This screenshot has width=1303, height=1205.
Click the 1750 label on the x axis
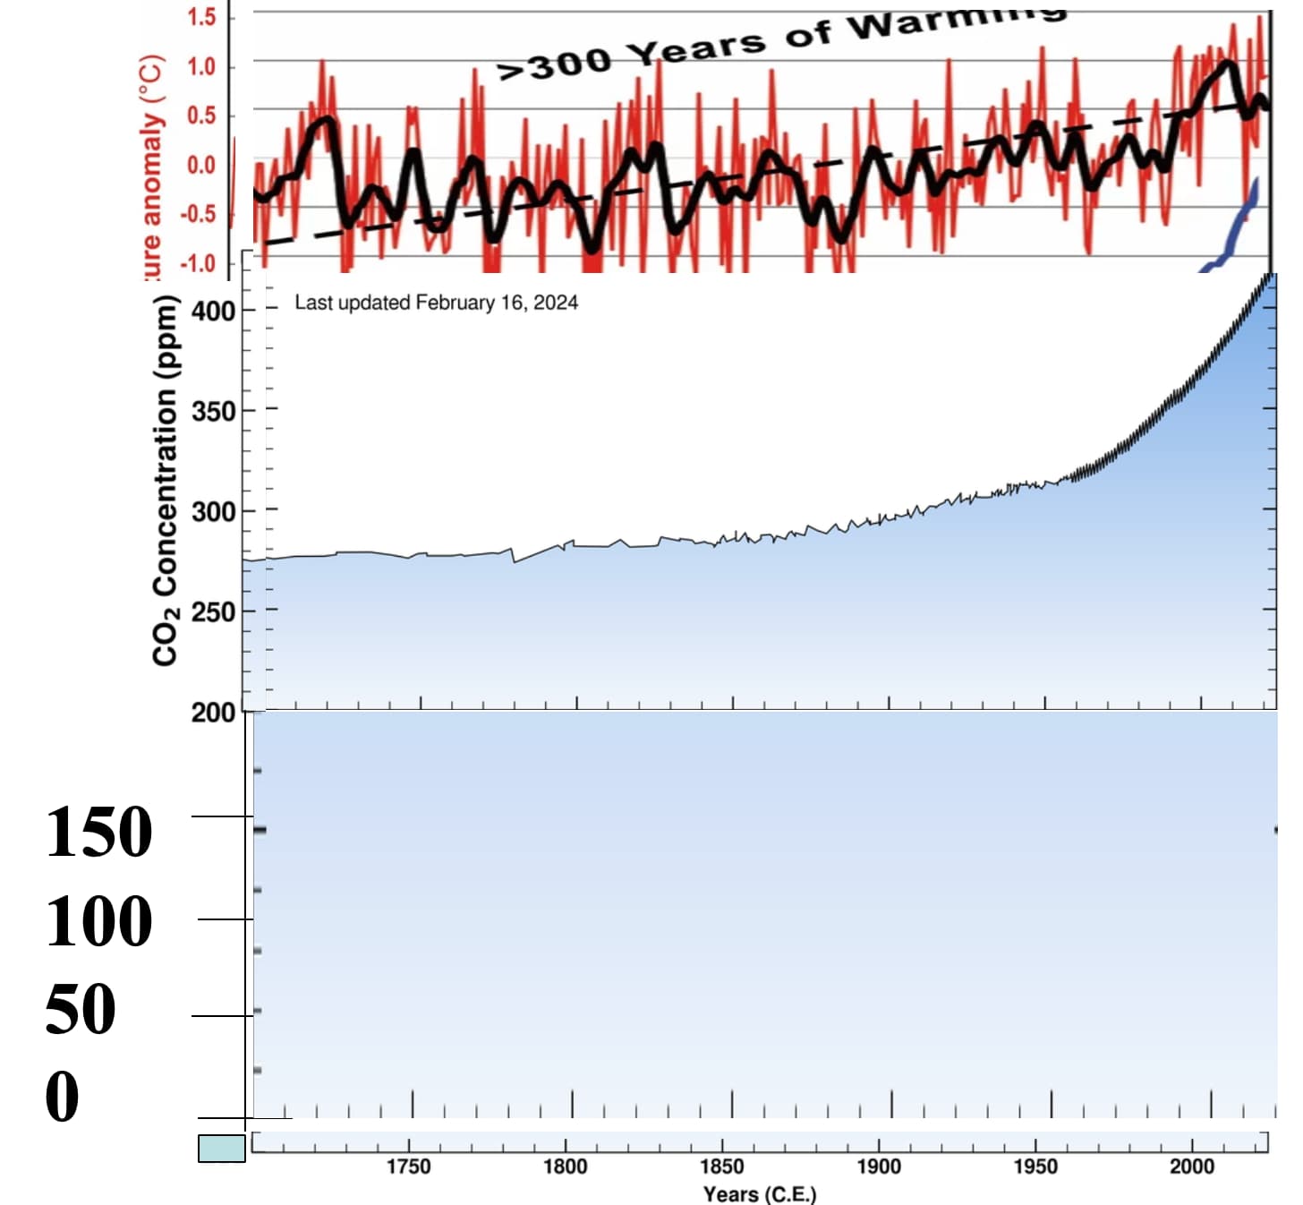pyautogui.click(x=408, y=1167)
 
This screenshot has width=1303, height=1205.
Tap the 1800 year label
pyautogui.click(x=565, y=1167)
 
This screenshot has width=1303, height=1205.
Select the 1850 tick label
pyautogui.click(x=721, y=1167)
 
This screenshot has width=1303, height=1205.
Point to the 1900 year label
pyautogui.click(x=878, y=1167)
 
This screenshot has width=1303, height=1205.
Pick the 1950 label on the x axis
pyautogui.click(x=1035, y=1167)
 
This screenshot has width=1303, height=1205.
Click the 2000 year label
pyautogui.click(x=1191, y=1167)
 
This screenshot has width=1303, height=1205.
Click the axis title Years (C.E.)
pyautogui.click(x=759, y=1194)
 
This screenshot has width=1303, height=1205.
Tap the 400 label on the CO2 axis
pyautogui.click(x=213, y=312)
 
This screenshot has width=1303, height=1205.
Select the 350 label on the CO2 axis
pyautogui.click(x=213, y=412)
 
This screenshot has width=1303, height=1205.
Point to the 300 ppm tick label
pyautogui.click(x=213, y=512)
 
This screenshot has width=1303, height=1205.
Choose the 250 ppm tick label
pyautogui.click(x=213, y=612)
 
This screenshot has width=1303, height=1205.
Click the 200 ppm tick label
pyautogui.click(x=213, y=713)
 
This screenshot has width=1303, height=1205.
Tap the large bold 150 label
pyautogui.click(x=98, y=833)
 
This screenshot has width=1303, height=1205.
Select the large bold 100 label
pyautogui.click(x=98, y=921)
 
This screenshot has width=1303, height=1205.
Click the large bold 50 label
pyautogui.click(x=81, y=1009)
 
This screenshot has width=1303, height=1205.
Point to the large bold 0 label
pyautogui.click(x=62, y=1097)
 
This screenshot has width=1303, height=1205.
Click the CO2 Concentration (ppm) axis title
pyautogui.click(x=165, y=481)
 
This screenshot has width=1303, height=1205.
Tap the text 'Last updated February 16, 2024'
pyautogui.click(x=436, y=303)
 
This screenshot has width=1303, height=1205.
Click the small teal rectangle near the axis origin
pyautogui.click(x=222, y=1149)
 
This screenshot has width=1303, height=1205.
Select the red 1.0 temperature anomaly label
pyautogui.click(x=201, y=66)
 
